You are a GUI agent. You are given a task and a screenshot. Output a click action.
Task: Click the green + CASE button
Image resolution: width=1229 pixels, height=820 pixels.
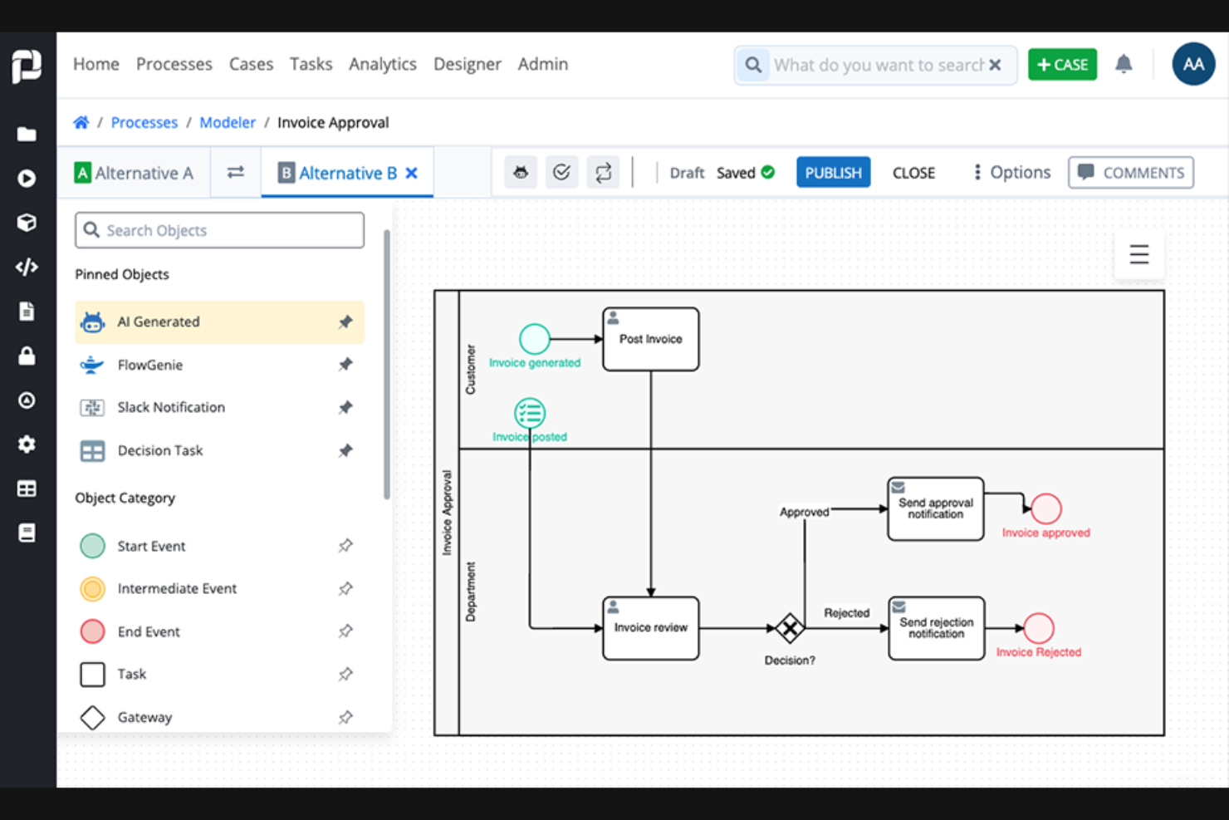click(1062, 65)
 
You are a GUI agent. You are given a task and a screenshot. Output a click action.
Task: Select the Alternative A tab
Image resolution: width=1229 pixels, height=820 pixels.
click(135, 173)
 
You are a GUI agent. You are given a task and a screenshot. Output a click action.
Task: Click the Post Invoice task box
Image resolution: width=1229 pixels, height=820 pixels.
click(650, 339)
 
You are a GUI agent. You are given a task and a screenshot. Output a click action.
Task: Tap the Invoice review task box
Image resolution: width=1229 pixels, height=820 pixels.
click(650, 628)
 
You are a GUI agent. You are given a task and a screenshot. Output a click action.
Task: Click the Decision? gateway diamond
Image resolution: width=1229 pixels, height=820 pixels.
click(789, 628)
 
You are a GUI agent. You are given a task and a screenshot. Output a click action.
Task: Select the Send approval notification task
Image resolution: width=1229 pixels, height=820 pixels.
click(935, 508)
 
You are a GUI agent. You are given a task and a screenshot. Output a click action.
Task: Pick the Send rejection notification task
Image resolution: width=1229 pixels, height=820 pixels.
click(936, 628)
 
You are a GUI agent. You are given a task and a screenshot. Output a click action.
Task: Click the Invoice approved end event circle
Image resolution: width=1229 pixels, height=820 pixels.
click(1045, 508)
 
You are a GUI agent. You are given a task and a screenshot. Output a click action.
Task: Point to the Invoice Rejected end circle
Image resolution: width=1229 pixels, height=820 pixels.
click(1038, 628)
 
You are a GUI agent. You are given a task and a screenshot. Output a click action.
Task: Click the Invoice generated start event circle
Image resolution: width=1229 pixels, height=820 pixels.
click(534, 339)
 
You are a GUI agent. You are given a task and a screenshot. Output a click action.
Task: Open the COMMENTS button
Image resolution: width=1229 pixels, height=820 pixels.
click(1130, 173)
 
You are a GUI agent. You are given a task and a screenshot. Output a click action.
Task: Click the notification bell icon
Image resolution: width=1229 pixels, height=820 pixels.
click(1124, 64)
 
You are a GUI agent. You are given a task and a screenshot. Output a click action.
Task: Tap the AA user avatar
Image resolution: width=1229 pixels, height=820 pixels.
click(1193, 64)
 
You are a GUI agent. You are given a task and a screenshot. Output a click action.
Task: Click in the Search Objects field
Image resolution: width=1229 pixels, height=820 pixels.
click(220, 230)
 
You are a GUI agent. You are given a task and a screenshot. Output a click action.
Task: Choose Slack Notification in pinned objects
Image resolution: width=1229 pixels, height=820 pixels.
click(171, 407)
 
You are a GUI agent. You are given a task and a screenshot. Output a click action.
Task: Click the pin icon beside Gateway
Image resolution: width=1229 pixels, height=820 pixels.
click(345, 717)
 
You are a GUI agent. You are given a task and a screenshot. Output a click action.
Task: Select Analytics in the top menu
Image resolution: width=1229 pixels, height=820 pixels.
click(382, 64)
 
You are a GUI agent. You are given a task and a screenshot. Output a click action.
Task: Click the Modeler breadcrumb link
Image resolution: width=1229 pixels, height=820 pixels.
click(227, 122)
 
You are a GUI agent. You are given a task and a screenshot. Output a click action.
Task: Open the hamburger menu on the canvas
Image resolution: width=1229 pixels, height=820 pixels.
click(1138, 254)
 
